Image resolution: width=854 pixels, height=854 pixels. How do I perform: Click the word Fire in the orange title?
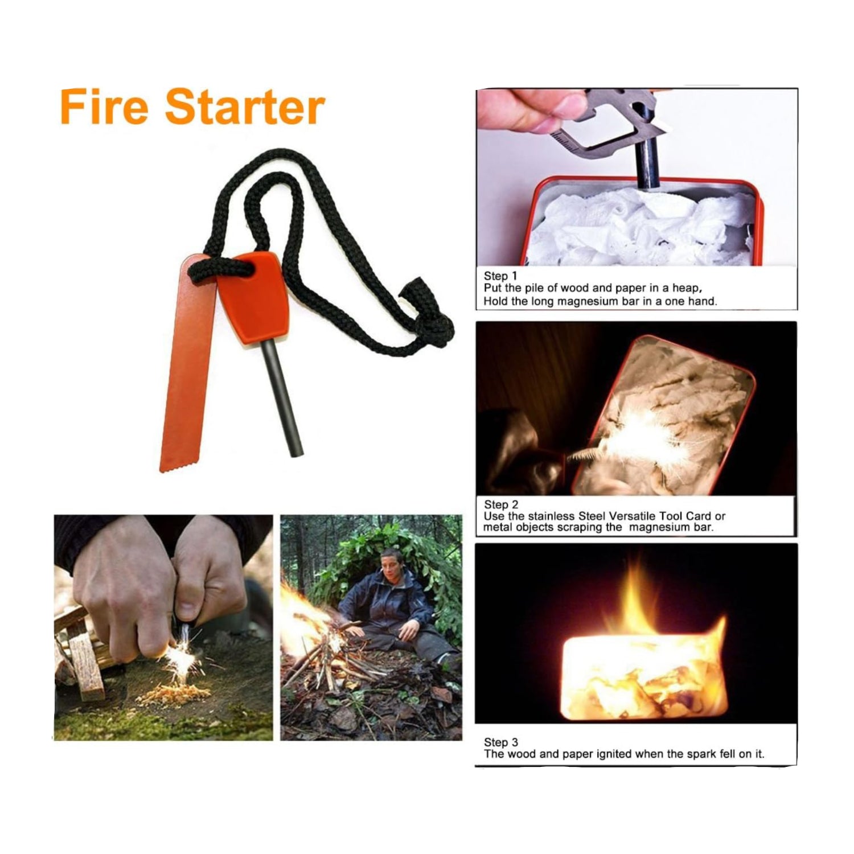(104, 108)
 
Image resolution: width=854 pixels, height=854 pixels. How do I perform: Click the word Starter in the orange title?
(245, 108)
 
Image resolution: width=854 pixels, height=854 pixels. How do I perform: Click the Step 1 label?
(500, 277)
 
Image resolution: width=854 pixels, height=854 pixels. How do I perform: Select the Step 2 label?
(501, 504)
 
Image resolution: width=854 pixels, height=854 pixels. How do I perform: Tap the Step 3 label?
(501, 742)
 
